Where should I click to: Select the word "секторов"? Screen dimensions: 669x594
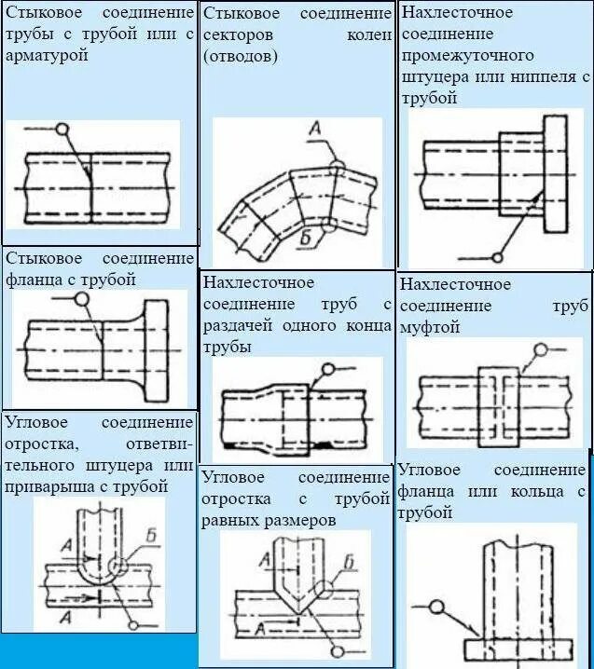pyautogui.click(x=238, y=35)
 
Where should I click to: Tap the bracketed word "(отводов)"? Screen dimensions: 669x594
pyautogui.click(x=240, y=56)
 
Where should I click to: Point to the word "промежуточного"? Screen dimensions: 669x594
pyautogui.click(x=462, y=55)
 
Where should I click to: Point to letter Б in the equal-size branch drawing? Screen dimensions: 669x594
pyautogui.click(x=348, y=560)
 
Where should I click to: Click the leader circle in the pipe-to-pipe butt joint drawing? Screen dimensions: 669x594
pyautogui.click(x=62, y=130)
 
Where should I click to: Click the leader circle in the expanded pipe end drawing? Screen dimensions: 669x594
pyautogui.click(x=327, y=370)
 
